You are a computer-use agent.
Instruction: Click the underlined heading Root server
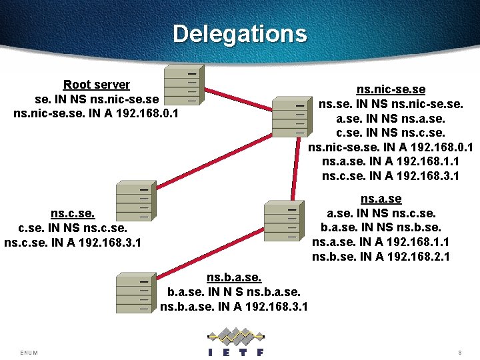coord(96,85)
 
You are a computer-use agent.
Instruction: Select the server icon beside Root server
coord(182,86)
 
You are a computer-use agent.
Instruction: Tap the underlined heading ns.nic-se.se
coord(391,89)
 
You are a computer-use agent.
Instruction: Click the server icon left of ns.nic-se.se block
coord(291,117)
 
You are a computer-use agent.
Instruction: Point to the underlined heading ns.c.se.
coord(73,213)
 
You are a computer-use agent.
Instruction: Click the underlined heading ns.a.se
coord(381,199)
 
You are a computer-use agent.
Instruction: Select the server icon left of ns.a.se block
coord(284,221)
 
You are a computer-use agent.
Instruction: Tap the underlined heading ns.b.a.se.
coord(234,277)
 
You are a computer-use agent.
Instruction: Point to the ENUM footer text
coord(29,352)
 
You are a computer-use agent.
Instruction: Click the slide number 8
coord(459,352)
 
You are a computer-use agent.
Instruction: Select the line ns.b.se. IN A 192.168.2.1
coord(381,256)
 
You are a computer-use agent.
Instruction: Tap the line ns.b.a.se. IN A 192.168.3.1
coord(234,306)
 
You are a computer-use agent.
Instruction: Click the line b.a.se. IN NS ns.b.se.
coord(381,227)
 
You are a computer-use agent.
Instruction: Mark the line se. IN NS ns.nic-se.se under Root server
coord(97,99)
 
